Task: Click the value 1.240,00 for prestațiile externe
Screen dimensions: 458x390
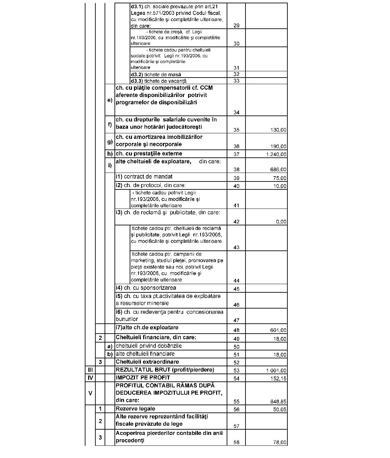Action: point(276,154)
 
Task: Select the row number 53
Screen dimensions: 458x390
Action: point(236,371)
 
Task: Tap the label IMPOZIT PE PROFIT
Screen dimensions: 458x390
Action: point(143,377)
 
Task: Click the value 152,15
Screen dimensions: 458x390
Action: point(278,378)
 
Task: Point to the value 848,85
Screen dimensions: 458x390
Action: point(278,402)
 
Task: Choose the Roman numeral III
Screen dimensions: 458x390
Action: point(90,370)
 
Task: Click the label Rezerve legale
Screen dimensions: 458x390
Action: point(135,409)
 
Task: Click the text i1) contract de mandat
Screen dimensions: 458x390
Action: point(144,177)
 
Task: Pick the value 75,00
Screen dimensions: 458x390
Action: point(280,179)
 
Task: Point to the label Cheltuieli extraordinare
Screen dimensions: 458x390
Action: point(147,362)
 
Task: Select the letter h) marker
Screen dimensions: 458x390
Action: point(110,154)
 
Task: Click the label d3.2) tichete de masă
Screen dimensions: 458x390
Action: point(156,75)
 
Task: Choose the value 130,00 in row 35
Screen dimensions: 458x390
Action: point(278,130)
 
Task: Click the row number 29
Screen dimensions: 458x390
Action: point(236,26)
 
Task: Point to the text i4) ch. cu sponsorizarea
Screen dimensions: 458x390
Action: point(146,288)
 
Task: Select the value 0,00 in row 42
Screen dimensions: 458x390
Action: point(281,222)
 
